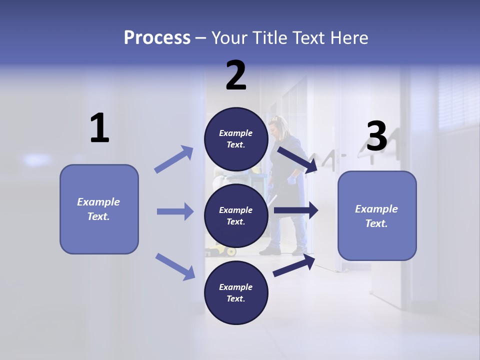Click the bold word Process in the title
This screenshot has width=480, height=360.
tap(157, 37)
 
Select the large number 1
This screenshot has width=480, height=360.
tap(99, 128)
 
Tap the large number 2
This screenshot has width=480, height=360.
tap(236, 75)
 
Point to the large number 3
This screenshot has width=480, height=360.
tap(376, 136)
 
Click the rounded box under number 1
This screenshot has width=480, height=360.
tap(99, 209)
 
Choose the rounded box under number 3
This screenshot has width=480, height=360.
tap(377, 215)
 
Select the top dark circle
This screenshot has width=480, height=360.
tap(236, 139)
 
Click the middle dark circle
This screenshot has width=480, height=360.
tap(236, 215)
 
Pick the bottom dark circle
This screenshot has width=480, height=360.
tap(236, 292)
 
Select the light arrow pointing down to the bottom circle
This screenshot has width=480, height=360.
tap(175, 266)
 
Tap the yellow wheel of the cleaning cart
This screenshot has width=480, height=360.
tap(231, 251)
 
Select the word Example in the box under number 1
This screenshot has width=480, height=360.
tap(98, 202)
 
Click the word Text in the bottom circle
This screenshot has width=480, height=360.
tap(235, 298)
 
